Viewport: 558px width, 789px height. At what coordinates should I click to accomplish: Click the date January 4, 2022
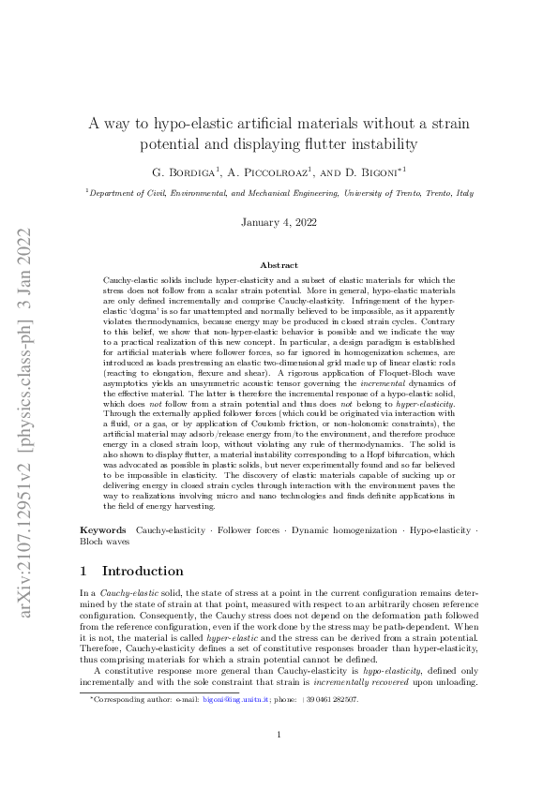pos(279,223)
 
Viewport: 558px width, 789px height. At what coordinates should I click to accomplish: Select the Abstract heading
pos(279,266)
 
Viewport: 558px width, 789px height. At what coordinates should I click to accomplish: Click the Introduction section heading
pos(143,571)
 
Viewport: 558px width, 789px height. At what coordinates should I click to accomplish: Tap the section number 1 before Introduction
pos(84,571)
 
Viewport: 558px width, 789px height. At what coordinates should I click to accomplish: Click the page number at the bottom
pos(279,761)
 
